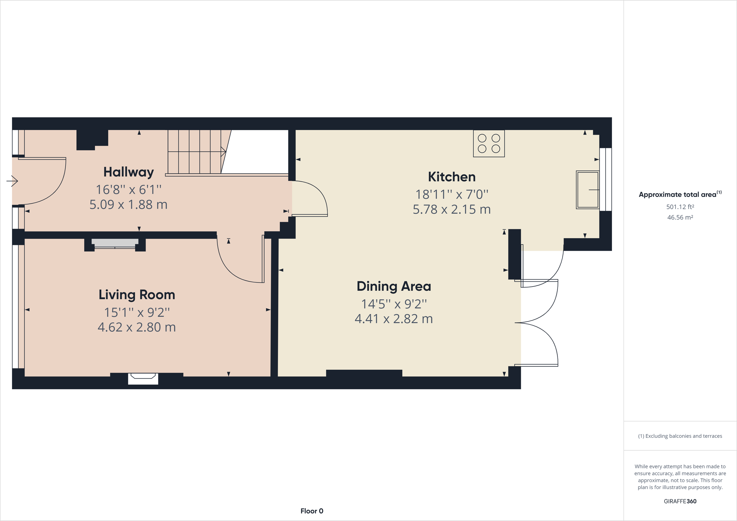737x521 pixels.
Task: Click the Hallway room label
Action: point(128,172)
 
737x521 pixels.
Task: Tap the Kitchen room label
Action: point(451,177)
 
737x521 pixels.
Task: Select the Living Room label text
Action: point(137,295)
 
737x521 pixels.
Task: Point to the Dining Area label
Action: point(394,286)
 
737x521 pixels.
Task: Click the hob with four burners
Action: point(489,143)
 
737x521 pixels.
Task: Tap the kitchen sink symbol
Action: point(587,190)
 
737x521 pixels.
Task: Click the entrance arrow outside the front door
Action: point(12,181)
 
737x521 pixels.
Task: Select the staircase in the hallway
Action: point(196,152)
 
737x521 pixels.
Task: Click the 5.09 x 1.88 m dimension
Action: point(128,205)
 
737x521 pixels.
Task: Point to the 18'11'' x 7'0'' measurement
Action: point(451,195)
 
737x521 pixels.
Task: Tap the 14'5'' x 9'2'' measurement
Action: point(394,304)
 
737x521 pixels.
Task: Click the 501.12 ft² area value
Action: point(680,207)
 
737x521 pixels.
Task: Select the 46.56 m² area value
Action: point(680,217)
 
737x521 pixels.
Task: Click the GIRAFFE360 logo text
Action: point(680,501)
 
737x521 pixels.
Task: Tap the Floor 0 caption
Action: point(312,511)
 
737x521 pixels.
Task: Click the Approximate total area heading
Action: point(679,194)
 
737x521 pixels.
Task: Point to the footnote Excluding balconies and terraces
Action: point(680,436)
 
